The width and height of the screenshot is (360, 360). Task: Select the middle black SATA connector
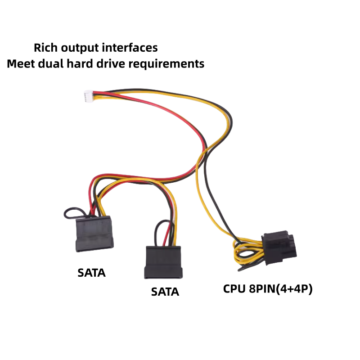point(162,261)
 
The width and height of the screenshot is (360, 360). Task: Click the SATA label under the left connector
point(91,273)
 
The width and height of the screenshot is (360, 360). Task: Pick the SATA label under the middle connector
point(165,292)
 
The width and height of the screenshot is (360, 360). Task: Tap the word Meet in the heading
point(20,63)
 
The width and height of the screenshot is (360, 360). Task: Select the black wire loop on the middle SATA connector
point(160,228)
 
